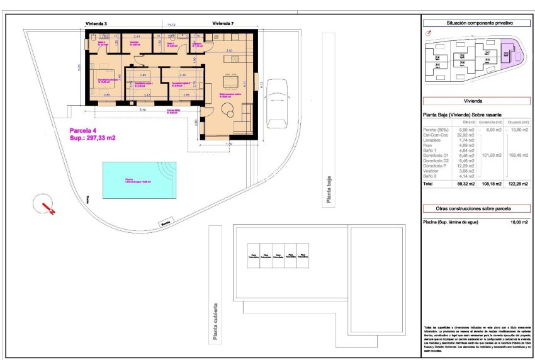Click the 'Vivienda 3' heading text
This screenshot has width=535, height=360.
(96, 23)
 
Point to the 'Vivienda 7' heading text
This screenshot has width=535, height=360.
(223, 23)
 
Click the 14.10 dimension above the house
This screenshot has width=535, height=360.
(171, 25)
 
